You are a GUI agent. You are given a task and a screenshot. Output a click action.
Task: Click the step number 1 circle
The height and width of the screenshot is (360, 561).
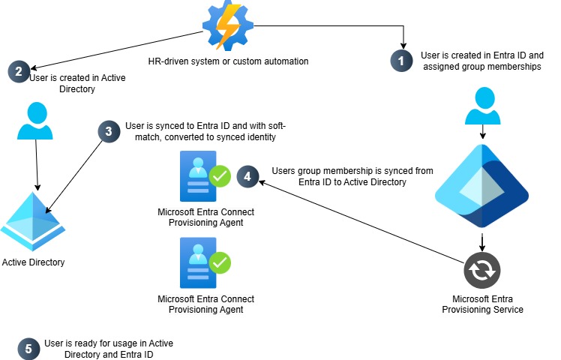coord(402,60)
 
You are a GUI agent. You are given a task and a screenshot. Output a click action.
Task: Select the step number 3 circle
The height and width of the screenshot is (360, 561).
coord(109,131)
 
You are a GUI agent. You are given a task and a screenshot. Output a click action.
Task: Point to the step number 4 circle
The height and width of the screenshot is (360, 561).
coord(247,177)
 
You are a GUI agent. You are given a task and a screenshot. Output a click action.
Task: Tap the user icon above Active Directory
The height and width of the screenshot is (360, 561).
coord(35,122)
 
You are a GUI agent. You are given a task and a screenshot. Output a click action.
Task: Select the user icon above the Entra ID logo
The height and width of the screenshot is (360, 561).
coord(482,107)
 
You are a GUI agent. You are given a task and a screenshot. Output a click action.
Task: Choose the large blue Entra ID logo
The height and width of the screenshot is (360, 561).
coord(482,183)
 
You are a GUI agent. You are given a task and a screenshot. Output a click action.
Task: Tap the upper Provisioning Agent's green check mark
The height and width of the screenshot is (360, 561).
coord(219,177)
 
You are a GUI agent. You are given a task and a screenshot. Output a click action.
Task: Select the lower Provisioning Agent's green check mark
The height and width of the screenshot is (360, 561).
coord(219,263)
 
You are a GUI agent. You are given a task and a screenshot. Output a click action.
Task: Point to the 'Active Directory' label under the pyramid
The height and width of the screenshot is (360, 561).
coord(34,262)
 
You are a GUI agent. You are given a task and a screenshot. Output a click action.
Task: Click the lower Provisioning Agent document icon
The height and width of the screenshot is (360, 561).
coord(198,262)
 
